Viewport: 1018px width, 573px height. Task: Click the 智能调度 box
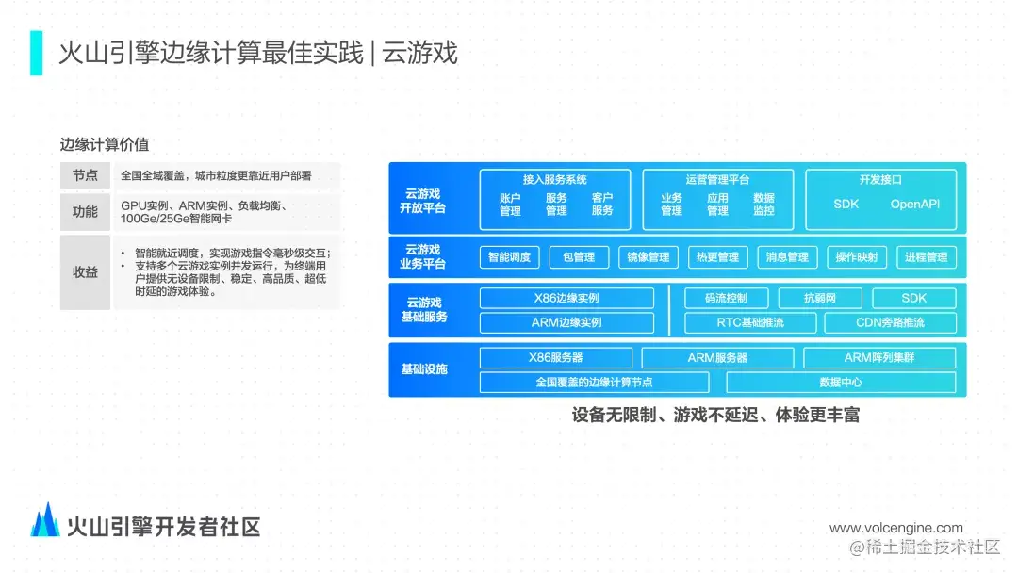point(509,257)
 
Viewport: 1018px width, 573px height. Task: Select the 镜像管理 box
point(648,257)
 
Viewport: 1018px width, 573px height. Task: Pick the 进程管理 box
point(926,257)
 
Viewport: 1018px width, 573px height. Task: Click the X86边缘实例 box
point(566,299)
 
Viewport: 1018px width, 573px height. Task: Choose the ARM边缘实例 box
point(566,323)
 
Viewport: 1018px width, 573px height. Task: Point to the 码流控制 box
point(726,299)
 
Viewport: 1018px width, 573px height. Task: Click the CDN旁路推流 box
point(890,323)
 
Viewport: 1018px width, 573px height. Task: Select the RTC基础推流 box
point(749,323)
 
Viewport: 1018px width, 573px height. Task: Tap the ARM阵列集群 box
point(878,358)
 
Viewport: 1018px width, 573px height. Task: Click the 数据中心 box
point(840,383)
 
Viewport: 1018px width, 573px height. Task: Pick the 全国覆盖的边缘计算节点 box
point(594,383)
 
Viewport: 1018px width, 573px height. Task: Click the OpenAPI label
point(915,205)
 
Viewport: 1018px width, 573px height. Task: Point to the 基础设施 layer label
point(423,369)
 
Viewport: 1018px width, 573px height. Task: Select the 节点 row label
point(85,176)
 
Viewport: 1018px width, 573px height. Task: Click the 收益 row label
point(85,272)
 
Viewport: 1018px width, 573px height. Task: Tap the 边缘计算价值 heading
point(104,145)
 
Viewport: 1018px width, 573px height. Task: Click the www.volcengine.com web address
point(895,528)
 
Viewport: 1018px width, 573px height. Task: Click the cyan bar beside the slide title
point(36,53)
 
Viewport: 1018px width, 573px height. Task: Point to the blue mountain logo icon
point(45,520)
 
